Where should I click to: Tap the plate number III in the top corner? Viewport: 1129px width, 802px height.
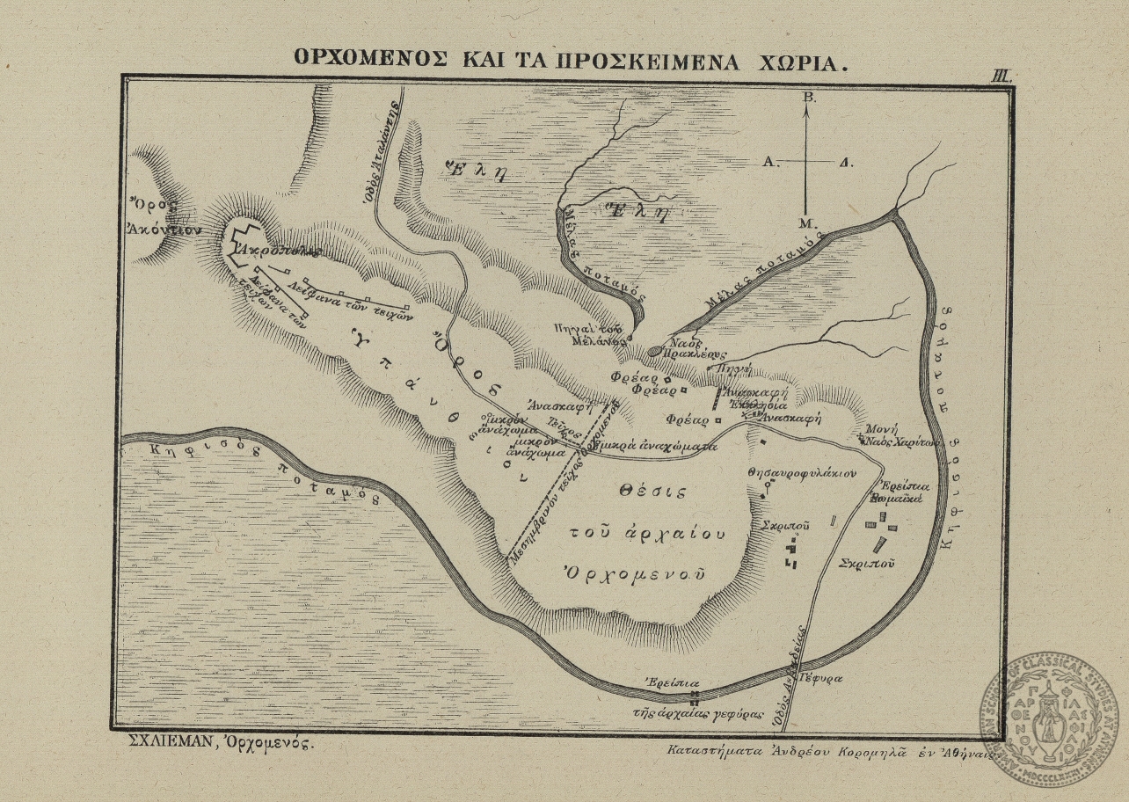[x=1002, y=76]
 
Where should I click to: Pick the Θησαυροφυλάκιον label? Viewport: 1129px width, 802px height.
[x=801, y=473]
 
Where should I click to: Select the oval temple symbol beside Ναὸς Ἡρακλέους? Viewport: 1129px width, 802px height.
[x=656, y=352]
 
